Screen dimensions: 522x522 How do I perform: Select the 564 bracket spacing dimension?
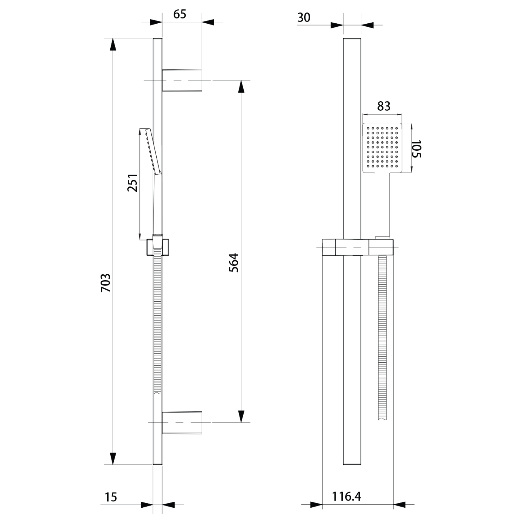(x=234, y=263)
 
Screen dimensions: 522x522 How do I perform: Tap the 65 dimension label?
(x=180, y=14)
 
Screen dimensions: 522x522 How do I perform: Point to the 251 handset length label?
(x=132, y=182)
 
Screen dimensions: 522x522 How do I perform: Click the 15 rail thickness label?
(x=111, y=497)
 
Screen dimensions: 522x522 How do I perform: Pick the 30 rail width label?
(x=304, y=18)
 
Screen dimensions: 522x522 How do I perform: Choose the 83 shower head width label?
(x=384, y=106)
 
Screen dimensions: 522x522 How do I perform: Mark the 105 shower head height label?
(x=416, y=149)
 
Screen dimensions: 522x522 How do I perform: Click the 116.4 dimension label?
(x=346, y=497)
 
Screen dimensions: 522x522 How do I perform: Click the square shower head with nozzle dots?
(x=382, y=148)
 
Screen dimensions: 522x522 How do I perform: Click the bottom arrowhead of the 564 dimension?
(x=241, y=416)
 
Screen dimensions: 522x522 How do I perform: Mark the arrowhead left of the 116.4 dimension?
(x=316, y=505)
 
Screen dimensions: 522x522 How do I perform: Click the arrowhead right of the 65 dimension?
(x=208, y=22)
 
